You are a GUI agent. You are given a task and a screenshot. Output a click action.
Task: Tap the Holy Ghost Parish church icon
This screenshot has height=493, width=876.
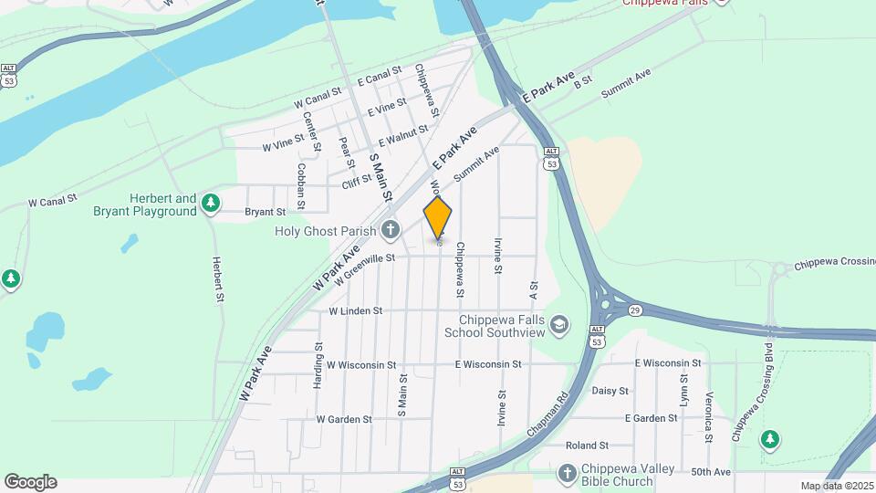point(391,230)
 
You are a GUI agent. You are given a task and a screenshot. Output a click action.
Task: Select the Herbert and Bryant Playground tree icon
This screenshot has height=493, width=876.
point(211,202)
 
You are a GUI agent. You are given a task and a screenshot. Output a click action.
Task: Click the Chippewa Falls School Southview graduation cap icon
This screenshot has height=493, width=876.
point(559,325)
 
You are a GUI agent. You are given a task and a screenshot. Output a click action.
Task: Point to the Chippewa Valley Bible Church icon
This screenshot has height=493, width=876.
point(567,474)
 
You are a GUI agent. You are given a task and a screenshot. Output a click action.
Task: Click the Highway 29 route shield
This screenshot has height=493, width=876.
point(632,309)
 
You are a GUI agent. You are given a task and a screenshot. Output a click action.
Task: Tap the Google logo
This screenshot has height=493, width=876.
point(30,482)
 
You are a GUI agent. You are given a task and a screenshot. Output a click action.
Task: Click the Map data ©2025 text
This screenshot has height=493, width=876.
point(836,486)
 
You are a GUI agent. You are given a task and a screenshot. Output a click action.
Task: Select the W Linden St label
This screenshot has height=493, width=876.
point(355,311)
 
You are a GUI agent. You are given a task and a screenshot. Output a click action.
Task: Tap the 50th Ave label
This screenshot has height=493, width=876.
point(711,472)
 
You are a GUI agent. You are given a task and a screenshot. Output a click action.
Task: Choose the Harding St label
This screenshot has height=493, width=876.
point(318,365)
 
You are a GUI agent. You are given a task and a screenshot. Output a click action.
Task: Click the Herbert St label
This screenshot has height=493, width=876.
point(218,278)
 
